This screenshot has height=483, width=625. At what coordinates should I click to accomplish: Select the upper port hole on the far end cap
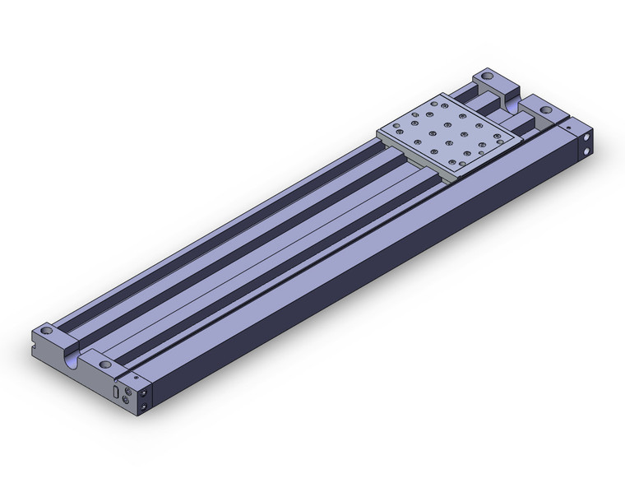(585, 137)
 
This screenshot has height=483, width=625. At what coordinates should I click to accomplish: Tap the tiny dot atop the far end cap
(568, 127)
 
